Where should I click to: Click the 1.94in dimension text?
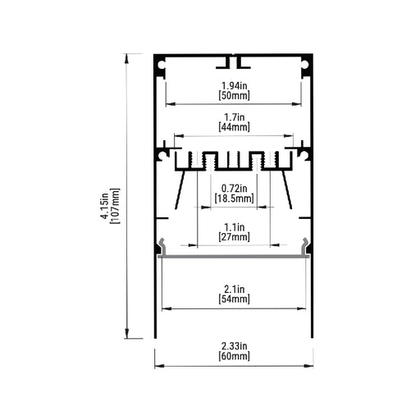point(235,85)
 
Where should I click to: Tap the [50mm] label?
point(235,96)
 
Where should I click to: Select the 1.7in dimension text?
point(235,117)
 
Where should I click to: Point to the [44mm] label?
point(235,127)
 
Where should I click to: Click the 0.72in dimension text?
point(235,189)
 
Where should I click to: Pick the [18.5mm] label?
point(235,199)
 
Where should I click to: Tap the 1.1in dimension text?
point(235,227)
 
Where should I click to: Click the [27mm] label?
point(235,237)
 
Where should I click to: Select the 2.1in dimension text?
point(235,289)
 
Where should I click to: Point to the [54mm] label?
point(235,299)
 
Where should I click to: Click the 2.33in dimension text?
point(235,346)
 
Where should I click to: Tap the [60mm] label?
point(235,356)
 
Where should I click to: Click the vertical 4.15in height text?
point(105,206)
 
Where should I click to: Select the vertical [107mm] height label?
point(115,206)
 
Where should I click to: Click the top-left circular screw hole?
point(162,65)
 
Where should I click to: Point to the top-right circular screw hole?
point(305,65)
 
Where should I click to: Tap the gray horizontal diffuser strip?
point(234,256)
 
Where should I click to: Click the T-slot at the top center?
point(233,62)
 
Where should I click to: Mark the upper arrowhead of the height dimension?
point(126,58)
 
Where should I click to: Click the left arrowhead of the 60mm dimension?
point(159,366)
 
